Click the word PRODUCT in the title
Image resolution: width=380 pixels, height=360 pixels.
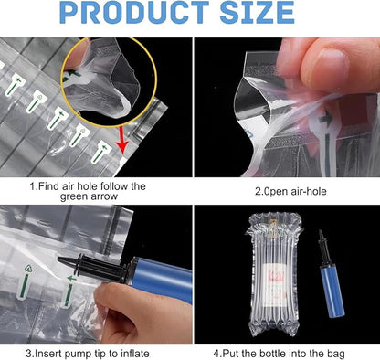(134, 13)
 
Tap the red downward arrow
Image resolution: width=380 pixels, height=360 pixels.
(122, 140)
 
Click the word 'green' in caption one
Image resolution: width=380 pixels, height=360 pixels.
(75, 196)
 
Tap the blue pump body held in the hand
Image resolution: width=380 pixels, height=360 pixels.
(161, 278)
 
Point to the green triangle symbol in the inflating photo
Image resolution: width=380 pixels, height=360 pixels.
(28, 269)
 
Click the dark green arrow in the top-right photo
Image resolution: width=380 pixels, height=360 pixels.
(327, 119)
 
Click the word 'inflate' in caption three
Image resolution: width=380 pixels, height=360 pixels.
(135, 354)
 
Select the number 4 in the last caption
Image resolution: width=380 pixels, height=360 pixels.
(216, 354)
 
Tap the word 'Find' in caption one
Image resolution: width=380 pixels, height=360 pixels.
(48, 185)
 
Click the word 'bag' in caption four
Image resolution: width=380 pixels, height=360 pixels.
(337, 355)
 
